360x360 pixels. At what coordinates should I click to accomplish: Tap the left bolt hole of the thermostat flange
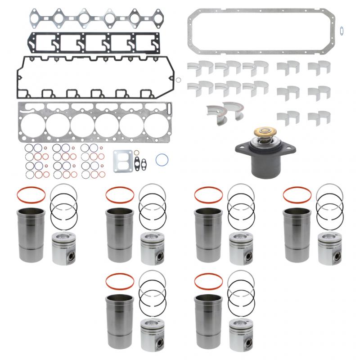pos(239,148)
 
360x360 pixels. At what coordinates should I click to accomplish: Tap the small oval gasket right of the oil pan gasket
pos(342,31)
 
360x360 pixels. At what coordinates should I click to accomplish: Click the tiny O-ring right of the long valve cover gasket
pos(179,81)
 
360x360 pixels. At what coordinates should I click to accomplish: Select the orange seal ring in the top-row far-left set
pos(31,195)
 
